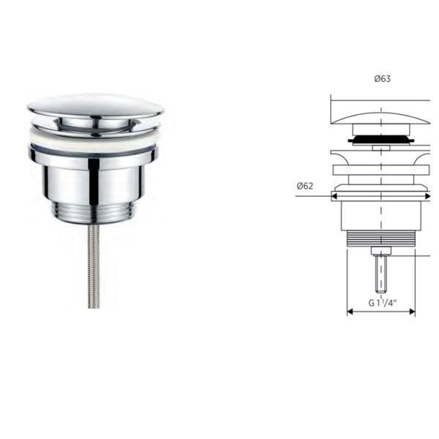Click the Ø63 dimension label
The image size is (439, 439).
383,79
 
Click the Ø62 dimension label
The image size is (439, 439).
305,186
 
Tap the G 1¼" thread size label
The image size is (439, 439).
383,303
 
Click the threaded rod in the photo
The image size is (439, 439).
94,266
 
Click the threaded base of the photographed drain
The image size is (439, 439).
94,214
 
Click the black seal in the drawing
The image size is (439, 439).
380,139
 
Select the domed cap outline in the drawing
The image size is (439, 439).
380,118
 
